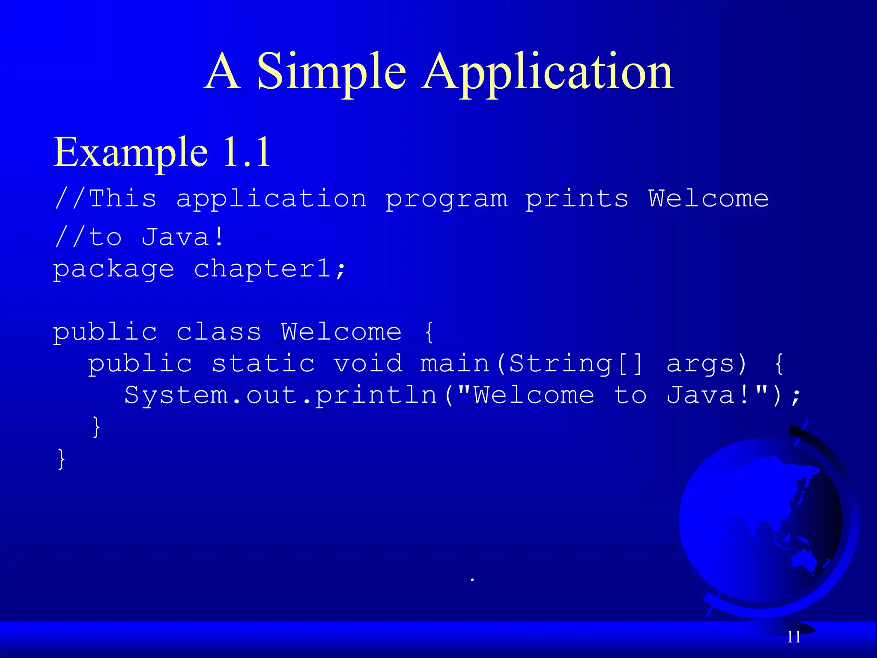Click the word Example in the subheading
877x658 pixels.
(x=131, y=152)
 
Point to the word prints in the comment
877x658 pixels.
(x=577, y=199)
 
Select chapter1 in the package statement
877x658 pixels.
(x=263, y=269)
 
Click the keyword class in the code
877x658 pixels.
(x=218, y=332)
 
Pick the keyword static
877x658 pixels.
(x=263, y=363)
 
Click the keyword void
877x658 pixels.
(x=368, y=363)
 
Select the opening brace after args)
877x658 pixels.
(x=779, y=363)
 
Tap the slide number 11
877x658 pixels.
(x=793, y=637)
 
